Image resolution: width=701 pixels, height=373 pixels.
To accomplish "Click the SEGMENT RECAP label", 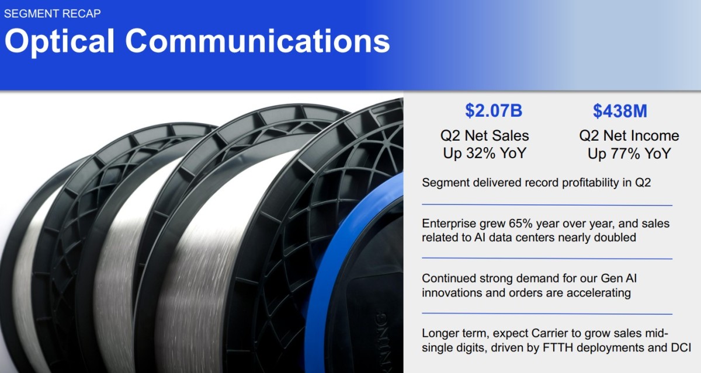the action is pyautogui.click(x=52, y=14).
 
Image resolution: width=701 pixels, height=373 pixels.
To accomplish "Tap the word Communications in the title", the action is pyautogui.click(x=258, y=41).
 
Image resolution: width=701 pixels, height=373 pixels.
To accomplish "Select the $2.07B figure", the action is pyautogui.click(x=494, y=111).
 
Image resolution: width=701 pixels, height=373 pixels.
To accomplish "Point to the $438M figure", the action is pyautogui.click(x=620, y=111).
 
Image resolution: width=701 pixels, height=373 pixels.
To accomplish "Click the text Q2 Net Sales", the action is pyautogui.click(x=484, y=135).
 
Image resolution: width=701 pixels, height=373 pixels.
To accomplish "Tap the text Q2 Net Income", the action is pyautogui.click(x=629, y=135).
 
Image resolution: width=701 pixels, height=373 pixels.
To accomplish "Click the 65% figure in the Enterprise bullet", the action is pyautogui.click(x=520, y=224).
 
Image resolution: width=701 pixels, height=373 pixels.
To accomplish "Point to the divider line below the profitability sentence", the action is pyautogui.click(x=547, y=205).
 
